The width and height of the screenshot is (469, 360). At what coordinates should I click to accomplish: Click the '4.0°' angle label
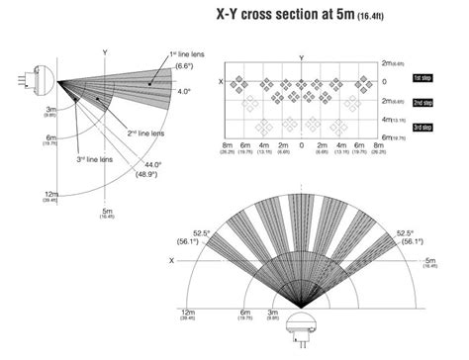184,91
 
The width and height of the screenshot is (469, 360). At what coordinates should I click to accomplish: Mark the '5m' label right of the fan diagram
430,261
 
